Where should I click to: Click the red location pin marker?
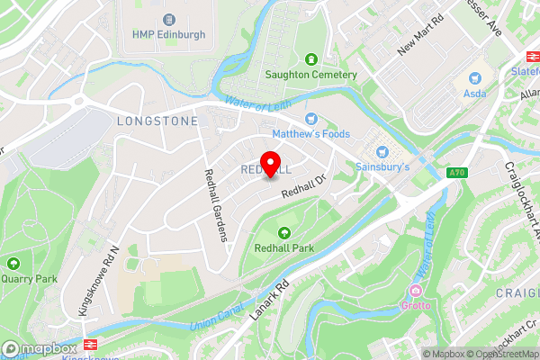pyautogui.click(x=268, y=166)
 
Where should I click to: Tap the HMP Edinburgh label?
pyautogui.click(x=169, y=34)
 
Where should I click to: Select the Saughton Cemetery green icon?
pyautogui.click(x=310, y=59)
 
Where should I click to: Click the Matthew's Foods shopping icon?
pyautogui.click(x=311, y=119)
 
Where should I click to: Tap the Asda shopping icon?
pyautogui.click(x=473, y=77)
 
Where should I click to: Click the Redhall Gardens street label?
pyautogui.click(x=215, y=205)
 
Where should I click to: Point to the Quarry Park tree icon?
pyautogui.click(x=13, y=264)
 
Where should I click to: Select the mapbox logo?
pyautogui.click(x=40, y=348)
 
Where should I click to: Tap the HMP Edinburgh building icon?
pyautogui.click(x=169, y=19)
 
